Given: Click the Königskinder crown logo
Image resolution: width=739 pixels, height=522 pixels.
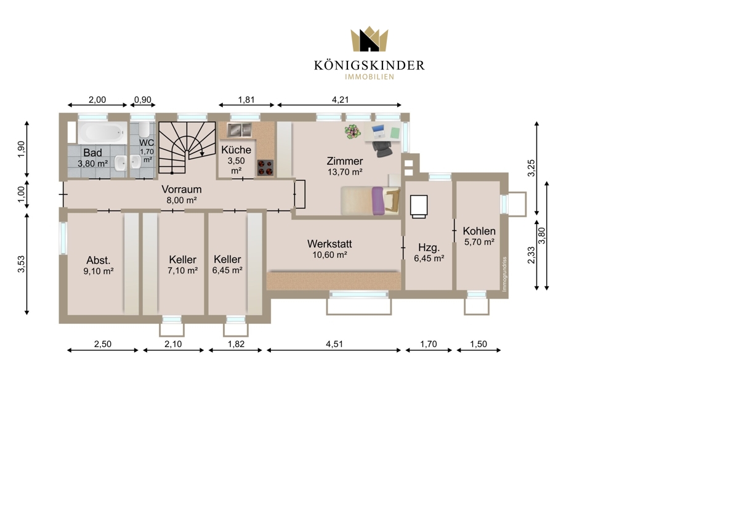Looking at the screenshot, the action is [369, 39].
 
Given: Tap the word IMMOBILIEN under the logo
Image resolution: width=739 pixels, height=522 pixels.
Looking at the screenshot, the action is [369, 77].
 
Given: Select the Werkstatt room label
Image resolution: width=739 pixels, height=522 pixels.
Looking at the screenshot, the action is [329, 244].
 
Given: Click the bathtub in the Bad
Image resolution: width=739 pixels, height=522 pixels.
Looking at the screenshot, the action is [102, 132].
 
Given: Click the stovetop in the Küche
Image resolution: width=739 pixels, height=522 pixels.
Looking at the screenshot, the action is [265, 167].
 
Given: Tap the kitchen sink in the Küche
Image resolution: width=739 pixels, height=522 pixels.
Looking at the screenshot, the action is [239, 130].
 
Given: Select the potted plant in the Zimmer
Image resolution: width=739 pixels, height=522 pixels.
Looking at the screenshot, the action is [353, 132].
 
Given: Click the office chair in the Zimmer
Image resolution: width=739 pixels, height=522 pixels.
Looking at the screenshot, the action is [382, 150].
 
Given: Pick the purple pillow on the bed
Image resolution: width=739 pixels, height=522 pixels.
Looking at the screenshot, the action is [378, 201].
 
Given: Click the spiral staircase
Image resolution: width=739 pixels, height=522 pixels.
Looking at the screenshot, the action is [187, 148].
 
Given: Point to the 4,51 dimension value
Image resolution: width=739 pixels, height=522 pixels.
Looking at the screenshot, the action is [334, 344].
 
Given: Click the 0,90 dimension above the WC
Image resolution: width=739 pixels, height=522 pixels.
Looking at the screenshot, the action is [143, 100].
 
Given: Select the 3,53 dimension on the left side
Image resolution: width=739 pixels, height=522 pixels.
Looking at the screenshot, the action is [21, 264].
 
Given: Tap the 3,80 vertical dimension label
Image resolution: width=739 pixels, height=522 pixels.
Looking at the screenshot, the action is [542, 236].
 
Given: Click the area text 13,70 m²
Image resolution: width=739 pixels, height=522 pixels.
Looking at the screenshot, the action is [345, 172].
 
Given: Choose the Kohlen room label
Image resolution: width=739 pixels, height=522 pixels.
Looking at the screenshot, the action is [479, 231].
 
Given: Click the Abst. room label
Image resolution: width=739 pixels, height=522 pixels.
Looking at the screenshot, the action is [99, 260].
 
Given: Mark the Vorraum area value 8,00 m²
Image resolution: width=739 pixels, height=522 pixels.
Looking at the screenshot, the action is [182, 200].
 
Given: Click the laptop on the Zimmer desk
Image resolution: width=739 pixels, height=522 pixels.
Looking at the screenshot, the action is [379, 131].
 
